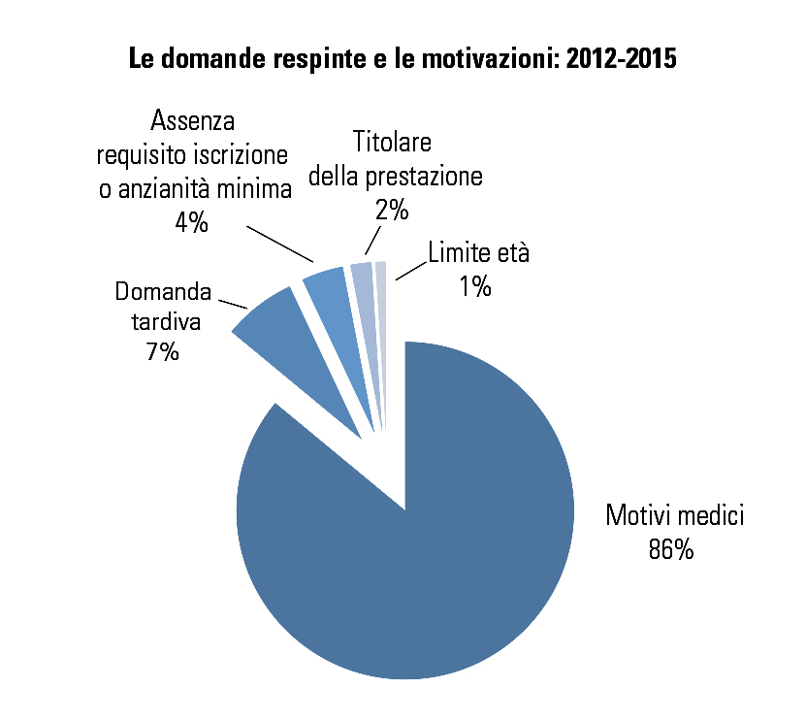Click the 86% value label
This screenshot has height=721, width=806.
tap(670, 550)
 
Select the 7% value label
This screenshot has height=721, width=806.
tap(162, 351)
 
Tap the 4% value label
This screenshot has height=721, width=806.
tap(191, 221)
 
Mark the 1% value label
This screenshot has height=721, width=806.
tap(476, 287)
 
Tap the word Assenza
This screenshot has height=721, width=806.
tap(194, 121)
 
